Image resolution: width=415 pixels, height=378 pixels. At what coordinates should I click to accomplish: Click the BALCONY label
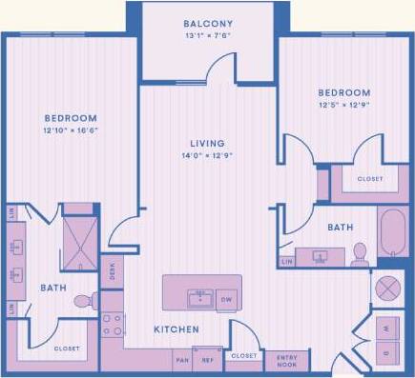(207, 22)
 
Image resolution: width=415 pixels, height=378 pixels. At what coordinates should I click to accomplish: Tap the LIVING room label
(206, 143)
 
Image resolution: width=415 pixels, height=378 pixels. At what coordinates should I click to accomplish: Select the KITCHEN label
(176, 329)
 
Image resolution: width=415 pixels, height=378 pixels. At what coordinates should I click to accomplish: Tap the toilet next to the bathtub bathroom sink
(360, 251)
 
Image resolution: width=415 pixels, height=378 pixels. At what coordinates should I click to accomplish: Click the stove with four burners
(113, 325)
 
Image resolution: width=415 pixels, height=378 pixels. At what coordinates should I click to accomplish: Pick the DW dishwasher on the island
(227, 298)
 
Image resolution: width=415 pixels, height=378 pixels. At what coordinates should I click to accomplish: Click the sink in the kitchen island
(200, 298)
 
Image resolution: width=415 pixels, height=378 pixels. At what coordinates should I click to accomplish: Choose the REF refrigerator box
(208, 360)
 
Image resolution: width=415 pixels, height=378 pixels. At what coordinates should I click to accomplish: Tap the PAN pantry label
(182, 360)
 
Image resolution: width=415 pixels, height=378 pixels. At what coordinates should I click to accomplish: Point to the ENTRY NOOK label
(286, 360)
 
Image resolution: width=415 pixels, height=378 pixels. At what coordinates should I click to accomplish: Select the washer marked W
(386, 328)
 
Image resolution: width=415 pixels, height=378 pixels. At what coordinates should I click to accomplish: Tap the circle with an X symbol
(388, 288)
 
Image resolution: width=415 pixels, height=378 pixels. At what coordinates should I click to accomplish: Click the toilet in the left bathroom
(85, 301)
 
